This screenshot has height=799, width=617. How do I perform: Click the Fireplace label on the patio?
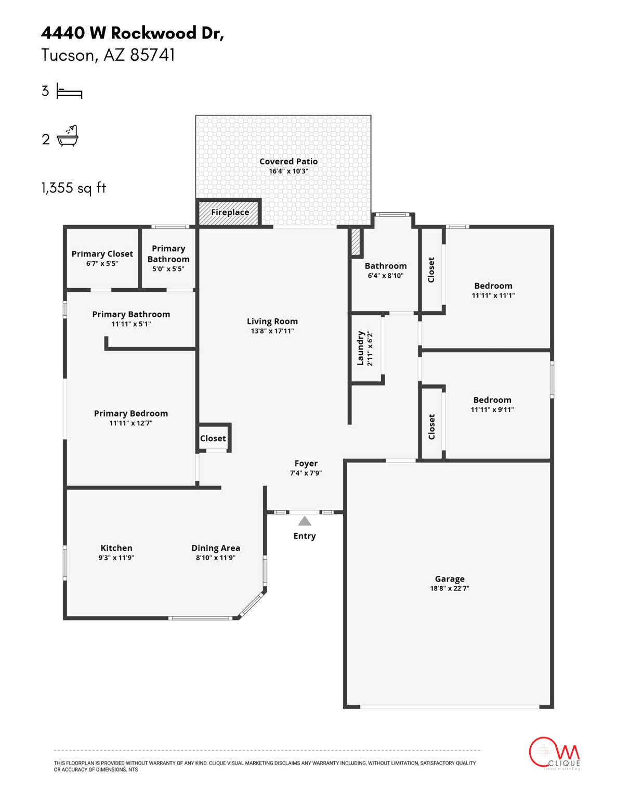coord(230,212)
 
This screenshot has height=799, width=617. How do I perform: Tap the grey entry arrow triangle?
coord(305,521)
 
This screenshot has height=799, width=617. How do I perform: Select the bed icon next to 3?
coord(70,92)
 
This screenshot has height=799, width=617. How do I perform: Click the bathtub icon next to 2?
coord(68,136)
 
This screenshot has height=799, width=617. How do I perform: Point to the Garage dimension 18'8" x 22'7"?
coord(450,588)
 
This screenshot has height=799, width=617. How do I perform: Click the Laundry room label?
coord(360,349)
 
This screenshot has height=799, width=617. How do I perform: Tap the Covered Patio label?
coord(288,161)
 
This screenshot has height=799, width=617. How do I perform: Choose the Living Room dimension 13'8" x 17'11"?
coord(272,331)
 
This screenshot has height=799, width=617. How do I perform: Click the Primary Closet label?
coord(102,254)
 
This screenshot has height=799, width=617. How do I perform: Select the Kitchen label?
coord(116,548)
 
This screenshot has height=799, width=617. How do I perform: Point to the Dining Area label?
coord(216,548)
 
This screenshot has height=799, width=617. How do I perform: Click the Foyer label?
coord(306,463)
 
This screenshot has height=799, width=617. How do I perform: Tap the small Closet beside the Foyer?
coord(213,439)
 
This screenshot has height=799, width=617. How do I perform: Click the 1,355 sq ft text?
coord(74,188)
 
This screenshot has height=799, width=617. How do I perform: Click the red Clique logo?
coord(554,753)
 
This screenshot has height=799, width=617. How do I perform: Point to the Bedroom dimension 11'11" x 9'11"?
coord(492,409)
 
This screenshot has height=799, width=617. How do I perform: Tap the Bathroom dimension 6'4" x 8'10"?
coord(386,276)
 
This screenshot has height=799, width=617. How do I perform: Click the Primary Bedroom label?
coord(131,414)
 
